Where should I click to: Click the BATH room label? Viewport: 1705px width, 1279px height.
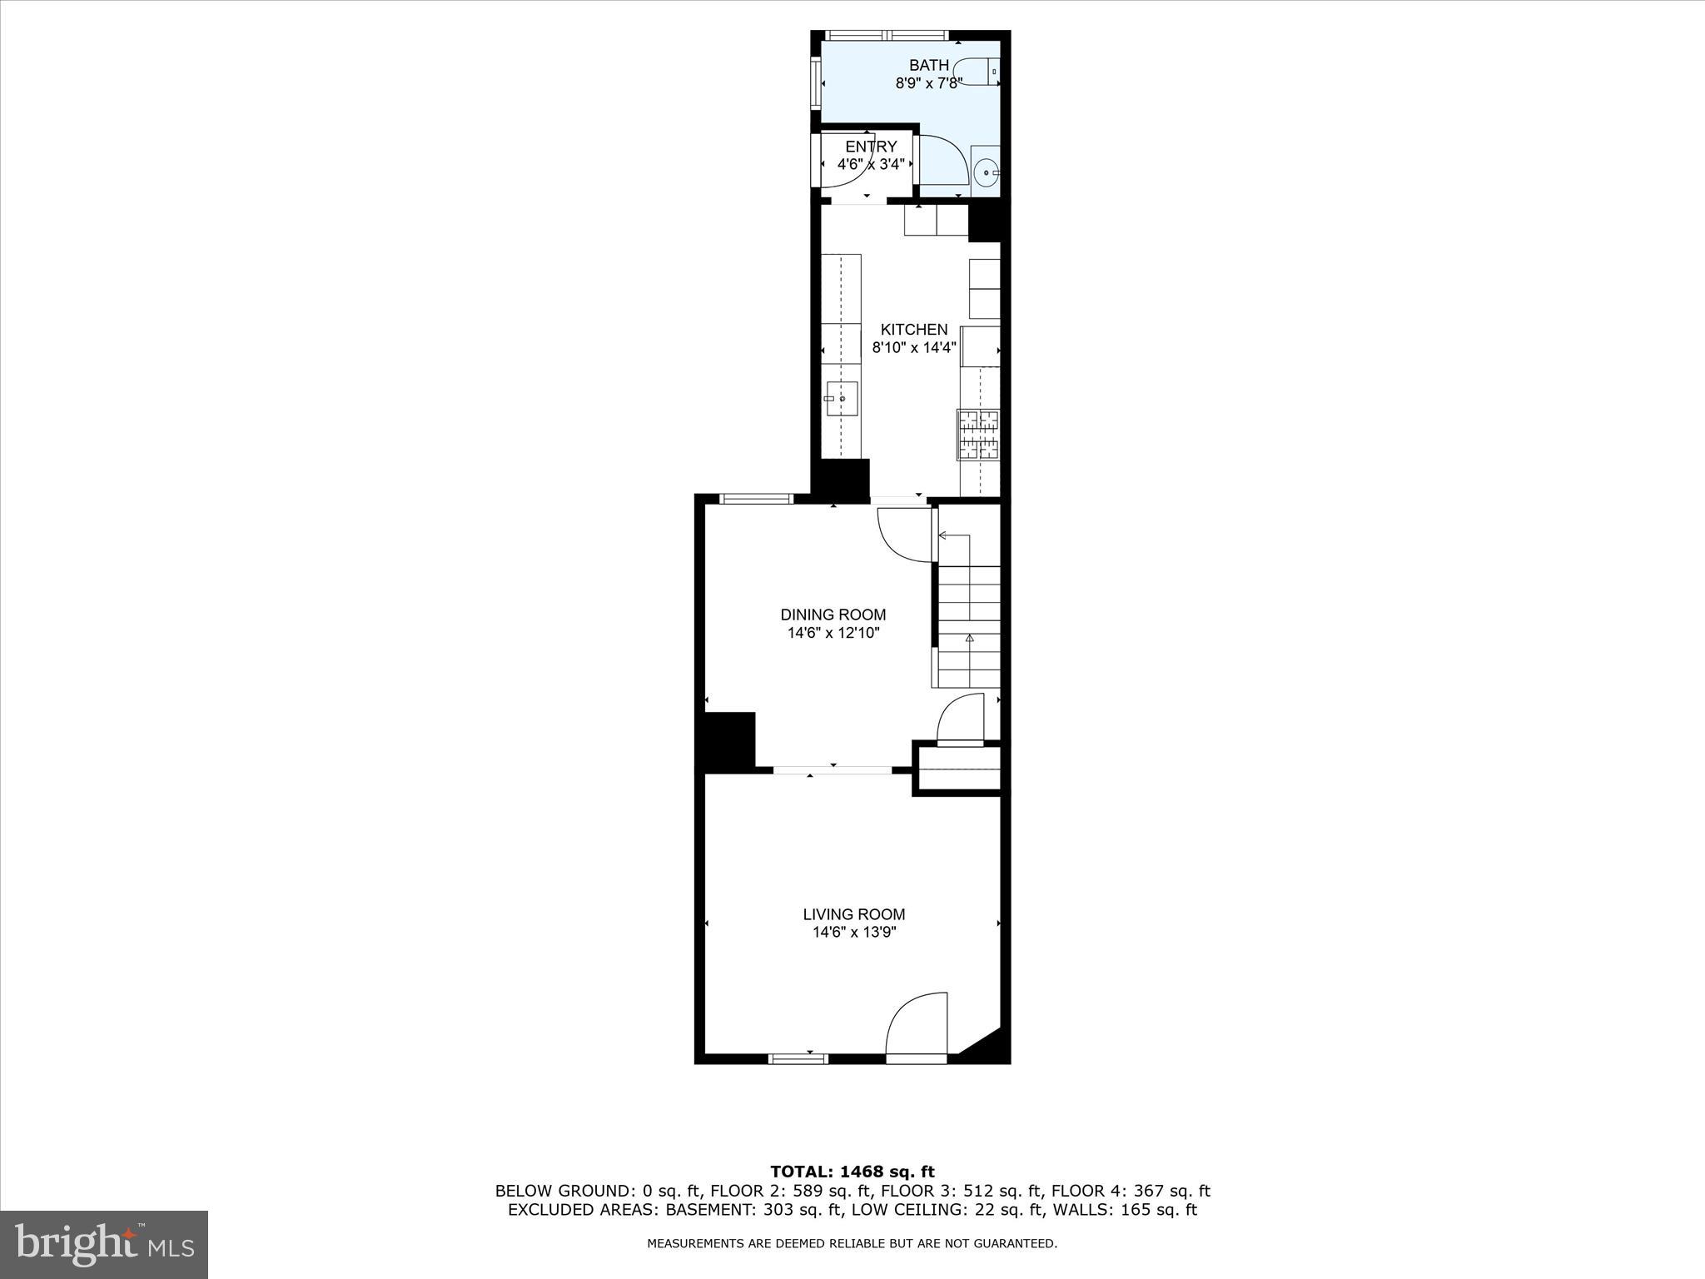928,65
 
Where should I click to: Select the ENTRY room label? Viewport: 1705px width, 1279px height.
871,147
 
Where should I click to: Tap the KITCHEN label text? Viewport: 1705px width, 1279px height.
914,330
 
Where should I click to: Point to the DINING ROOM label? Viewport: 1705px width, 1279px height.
833,615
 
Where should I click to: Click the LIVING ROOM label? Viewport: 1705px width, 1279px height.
853,914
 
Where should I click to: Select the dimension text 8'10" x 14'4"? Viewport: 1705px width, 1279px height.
914,348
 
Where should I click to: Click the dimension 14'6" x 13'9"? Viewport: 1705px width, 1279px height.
854,933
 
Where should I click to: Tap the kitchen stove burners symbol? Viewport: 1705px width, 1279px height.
980,435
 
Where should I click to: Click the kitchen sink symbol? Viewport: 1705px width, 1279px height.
842,399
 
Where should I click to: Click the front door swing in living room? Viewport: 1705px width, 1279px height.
917,1024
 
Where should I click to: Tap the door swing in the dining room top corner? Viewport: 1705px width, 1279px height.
903,534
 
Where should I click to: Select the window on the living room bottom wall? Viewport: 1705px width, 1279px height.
798,1058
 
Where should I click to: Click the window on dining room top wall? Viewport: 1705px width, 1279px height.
756,499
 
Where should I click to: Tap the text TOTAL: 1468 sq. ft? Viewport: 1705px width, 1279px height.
852,1172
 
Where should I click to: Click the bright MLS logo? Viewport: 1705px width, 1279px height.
103,1245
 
